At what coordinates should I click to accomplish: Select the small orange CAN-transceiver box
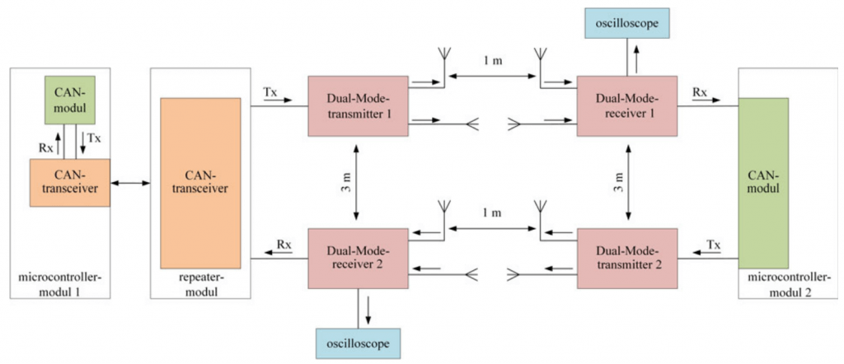click(69, 182)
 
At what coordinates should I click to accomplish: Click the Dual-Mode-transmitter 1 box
click(358, 107)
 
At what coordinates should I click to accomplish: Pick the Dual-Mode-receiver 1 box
click(627, 107)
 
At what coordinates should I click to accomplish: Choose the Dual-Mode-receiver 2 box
click(358, 259)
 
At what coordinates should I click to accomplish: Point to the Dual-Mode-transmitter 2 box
click(627, 259)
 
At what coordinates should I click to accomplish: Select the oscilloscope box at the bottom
click(358, 340)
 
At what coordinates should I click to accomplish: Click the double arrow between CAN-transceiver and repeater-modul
click(129, 182)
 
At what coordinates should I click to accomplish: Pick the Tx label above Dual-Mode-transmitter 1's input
click(270, 91)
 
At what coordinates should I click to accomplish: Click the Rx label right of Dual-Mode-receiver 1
click(698, 91)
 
